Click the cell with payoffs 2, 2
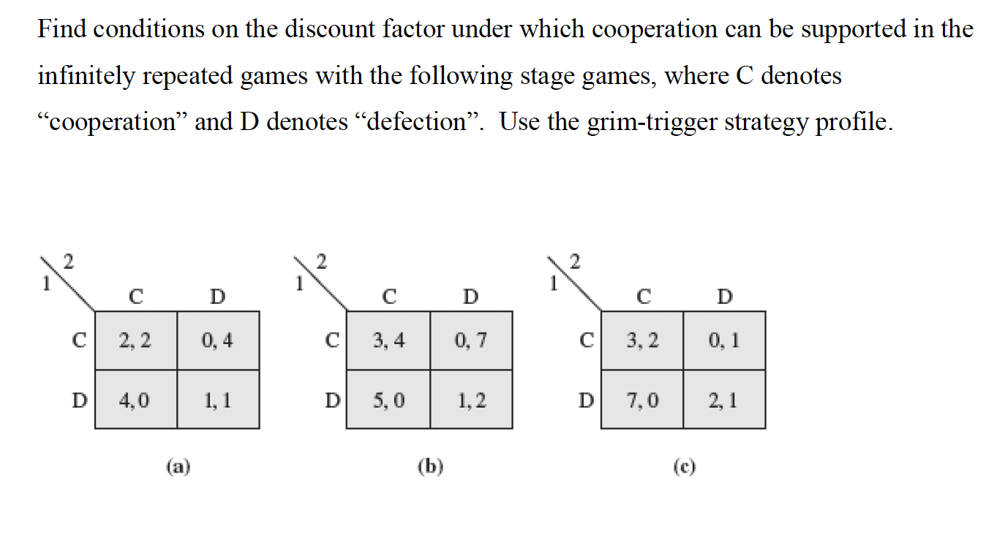click(136, 340)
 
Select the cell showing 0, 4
click(218, 340)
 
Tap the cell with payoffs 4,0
click(136, 400)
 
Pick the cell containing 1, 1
click(218, 400)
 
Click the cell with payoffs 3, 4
click(388, 340)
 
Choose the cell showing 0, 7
click(471, 340)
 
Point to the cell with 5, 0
click(388, 400)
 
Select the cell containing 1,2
click(471, 400)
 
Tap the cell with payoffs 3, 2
click(642, 340)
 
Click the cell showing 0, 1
click(725, 340)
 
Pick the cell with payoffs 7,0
click(642, 400)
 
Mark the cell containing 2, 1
click(725, 400)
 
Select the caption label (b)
click(431, 465)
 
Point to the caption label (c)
click(685, 465)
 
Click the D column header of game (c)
click(725, 296)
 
